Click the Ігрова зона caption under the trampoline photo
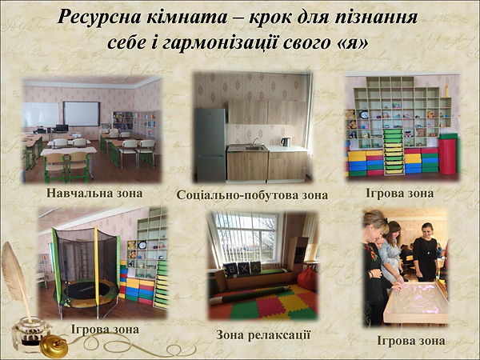click(x=105, y=329)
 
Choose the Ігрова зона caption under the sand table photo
click(x=411, y=341)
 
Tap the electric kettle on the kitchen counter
click(x=286, y=142)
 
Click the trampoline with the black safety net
click(x=83, y=264)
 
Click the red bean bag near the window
click(x=306, y=278)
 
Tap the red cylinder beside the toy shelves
click(x=448, y=157)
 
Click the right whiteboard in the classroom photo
click(x=82, y=113)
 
